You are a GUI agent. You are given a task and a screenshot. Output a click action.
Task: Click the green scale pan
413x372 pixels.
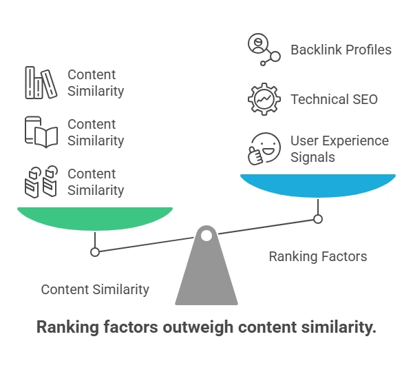click(95, 218)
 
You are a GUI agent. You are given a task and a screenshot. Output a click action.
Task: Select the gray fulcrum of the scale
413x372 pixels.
click(206, 276)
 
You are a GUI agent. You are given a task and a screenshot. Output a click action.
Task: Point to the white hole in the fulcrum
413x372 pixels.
click(206, 236)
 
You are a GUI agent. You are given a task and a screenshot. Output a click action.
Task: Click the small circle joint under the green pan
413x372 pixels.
click(95, 252)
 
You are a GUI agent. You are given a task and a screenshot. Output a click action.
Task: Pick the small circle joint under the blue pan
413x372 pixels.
click(318, 219)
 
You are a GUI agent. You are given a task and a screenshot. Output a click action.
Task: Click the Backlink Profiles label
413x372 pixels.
click(341, 50)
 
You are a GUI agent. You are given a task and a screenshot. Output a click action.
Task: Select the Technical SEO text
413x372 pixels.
click(334, 99)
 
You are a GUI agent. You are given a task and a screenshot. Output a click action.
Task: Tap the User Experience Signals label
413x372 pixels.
click(339, 149)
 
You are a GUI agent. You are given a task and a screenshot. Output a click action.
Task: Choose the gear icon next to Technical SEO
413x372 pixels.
click(264, 99)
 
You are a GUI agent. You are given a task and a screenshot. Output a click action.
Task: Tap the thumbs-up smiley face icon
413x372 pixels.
click(264, 149)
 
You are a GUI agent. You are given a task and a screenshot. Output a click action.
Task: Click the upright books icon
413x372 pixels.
click(41, 83)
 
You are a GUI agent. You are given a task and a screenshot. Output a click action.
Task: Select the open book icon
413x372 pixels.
click(41, 132)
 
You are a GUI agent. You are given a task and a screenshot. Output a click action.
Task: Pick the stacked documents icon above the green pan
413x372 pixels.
click(41, 182)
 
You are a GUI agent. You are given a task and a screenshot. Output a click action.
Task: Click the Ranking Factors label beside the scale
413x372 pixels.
click(318, 257)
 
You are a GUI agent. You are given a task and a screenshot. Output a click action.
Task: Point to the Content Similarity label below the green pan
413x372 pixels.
click(95, 289)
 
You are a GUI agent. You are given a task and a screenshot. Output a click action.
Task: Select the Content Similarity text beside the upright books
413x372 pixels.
click(96, 83)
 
